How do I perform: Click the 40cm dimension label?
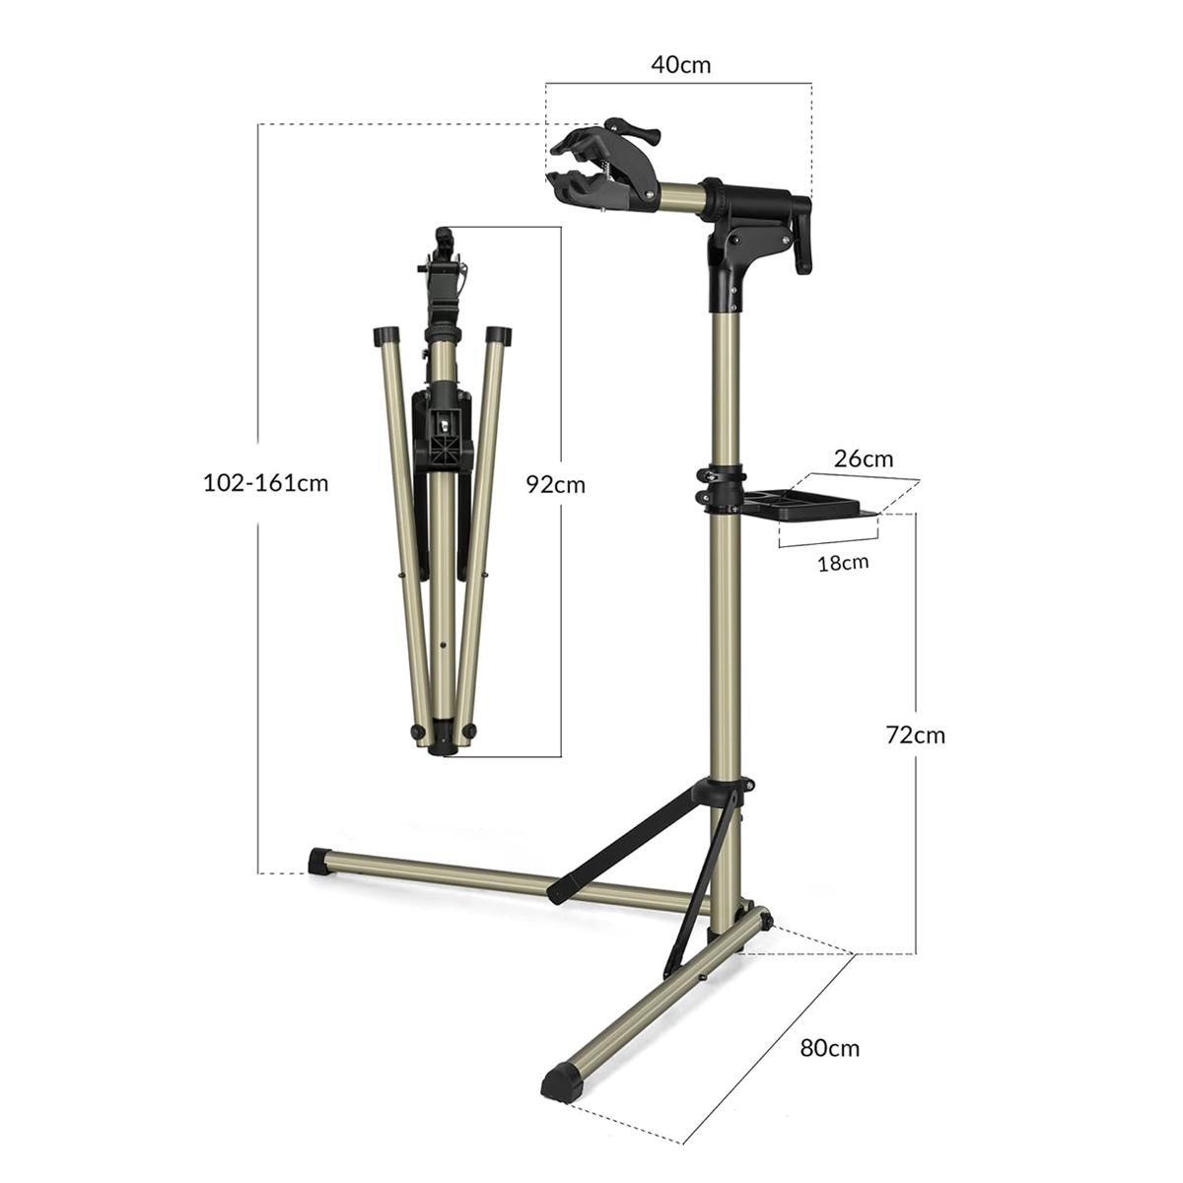pos(680,64)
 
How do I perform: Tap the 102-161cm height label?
pos(266,484)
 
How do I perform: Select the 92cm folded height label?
pos(556,485)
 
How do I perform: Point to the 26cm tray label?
pos(864,458)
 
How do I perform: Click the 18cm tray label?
pos(843,562)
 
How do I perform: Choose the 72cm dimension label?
pos(915,734)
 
